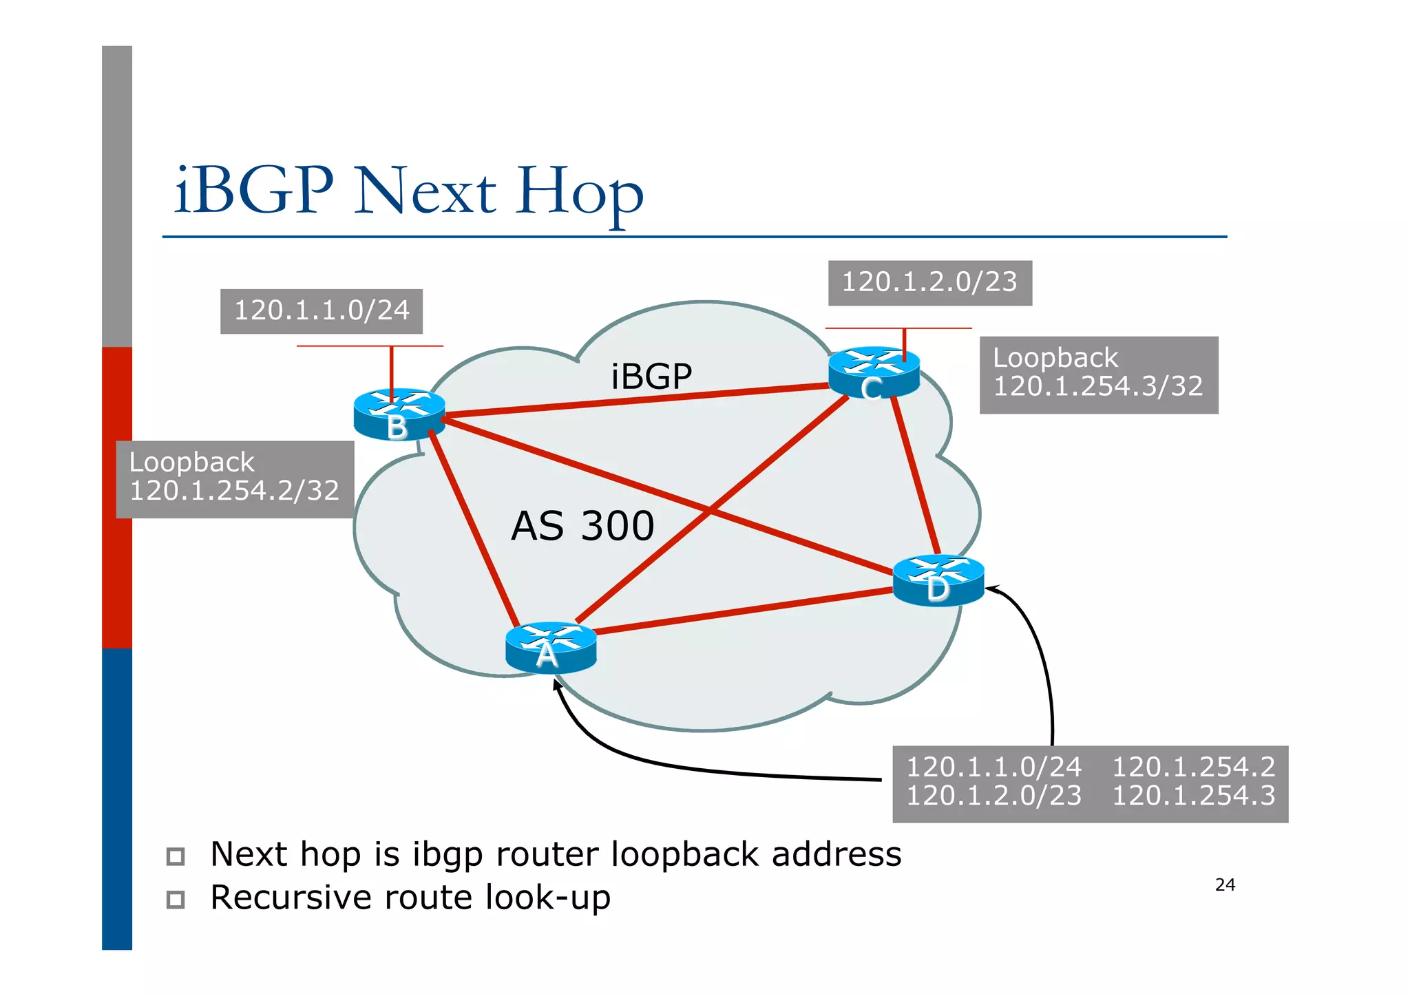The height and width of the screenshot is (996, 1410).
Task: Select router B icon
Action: point(399,414)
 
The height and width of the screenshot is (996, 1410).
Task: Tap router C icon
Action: point(874,372)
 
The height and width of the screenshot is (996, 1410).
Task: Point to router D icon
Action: point(938,580)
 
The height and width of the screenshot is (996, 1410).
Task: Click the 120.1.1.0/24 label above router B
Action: point(322,311)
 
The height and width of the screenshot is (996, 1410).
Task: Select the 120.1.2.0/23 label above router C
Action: point(929,283)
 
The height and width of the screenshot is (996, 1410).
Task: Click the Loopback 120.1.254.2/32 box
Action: point(235,479)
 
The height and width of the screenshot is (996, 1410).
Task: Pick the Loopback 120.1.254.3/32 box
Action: point(1098,374)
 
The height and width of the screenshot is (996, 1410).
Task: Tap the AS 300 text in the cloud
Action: point(582,527)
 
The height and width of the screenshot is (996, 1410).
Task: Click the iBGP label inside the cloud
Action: point(651,377)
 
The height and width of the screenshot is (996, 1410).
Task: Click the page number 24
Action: point(1225,885)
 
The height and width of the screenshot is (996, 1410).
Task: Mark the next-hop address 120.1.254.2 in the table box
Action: point(1194,767)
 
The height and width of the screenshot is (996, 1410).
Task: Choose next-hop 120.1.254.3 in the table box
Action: point(1194,796)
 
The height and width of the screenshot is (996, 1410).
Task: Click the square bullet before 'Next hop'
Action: point(176,856)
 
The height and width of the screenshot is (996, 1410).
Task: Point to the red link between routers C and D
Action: point(916,475)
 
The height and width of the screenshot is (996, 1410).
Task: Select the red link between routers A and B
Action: point(474,527)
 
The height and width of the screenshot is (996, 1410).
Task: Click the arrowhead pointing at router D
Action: point(991,589)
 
